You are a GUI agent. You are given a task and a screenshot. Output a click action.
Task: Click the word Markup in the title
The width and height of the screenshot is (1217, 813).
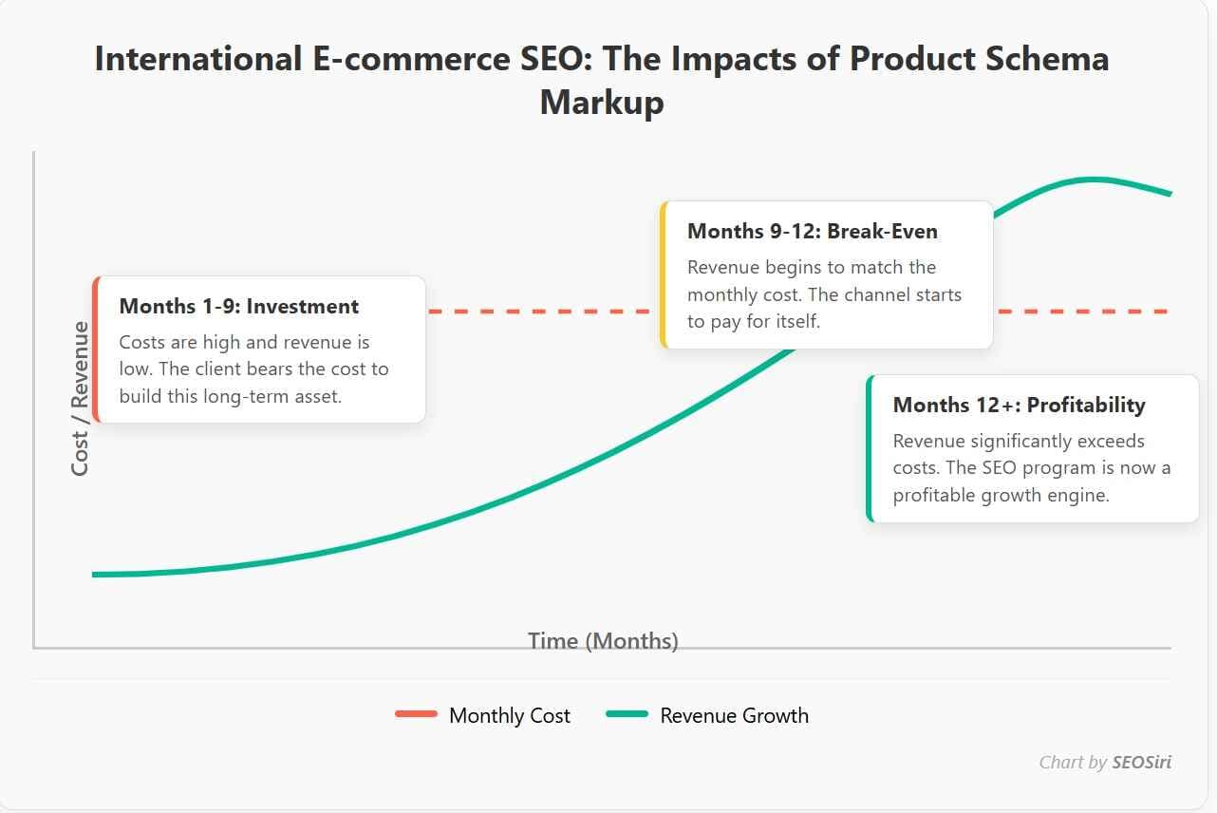point(601,102)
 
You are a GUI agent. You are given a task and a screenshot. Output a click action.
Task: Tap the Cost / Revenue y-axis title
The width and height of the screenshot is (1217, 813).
point(81,399)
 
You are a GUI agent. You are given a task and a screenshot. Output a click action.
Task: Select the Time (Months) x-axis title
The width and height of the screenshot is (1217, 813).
point(603,641)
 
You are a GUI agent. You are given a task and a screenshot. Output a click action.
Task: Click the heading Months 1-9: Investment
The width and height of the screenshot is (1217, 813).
point(239,307)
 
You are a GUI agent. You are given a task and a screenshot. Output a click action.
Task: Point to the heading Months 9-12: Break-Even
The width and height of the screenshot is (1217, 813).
point(812,231)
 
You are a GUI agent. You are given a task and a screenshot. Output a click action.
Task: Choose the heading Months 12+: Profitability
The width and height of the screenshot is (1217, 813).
point(1019,406)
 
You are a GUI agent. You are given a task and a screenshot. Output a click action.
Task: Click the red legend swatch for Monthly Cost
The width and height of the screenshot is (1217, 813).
point(416,714)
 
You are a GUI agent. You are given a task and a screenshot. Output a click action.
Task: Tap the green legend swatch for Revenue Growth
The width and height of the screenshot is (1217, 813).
point(627,714)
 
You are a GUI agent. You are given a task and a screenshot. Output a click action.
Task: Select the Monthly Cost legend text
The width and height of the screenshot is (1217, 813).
point(510,716)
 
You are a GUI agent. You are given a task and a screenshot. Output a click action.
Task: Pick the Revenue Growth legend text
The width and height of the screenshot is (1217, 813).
point(734,716)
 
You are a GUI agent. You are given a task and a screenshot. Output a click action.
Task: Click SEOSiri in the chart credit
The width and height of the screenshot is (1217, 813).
point(1141,762)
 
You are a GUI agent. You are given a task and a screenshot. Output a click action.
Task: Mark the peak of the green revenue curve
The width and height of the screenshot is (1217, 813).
point(1094,179)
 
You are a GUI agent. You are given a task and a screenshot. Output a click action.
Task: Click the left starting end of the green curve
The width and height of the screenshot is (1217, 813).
point(95,575)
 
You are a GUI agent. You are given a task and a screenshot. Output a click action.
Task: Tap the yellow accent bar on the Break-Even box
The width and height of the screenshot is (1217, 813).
point(664,275)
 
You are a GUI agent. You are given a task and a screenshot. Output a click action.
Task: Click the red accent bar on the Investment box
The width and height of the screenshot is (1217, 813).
point(96,350)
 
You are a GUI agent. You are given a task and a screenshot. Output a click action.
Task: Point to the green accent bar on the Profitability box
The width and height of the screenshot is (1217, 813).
point(870,448)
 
